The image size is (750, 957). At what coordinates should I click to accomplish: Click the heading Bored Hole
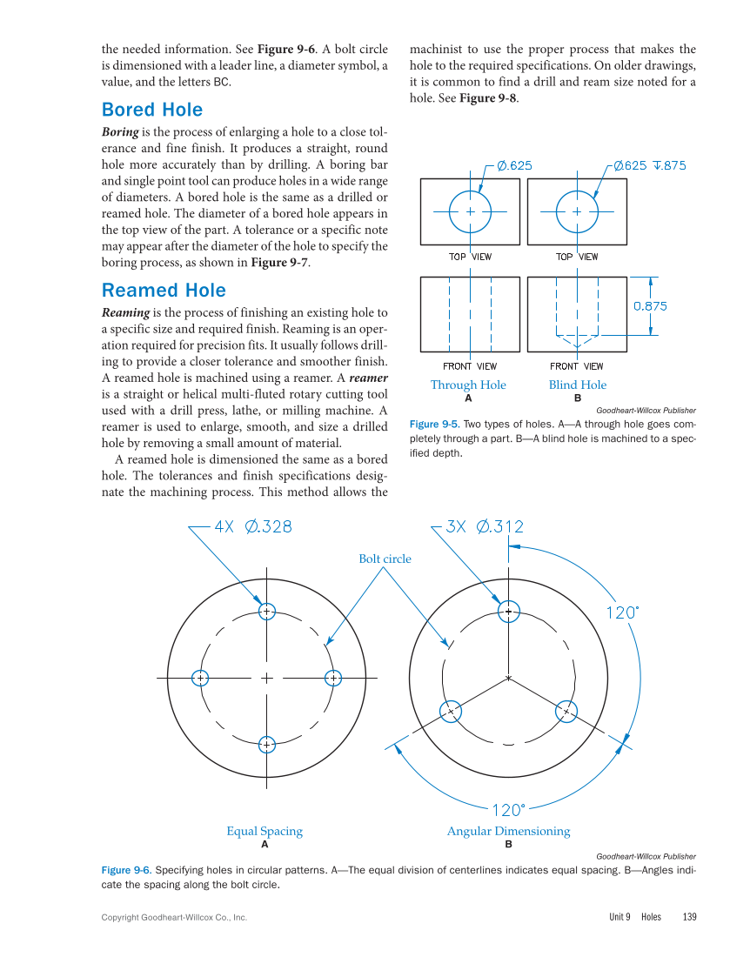152,110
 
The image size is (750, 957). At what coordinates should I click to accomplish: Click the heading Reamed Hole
164,291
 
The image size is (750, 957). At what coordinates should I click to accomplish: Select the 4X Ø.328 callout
252,526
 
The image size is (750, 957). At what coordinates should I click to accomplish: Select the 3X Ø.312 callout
485,526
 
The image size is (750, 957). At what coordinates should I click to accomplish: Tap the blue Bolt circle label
385,559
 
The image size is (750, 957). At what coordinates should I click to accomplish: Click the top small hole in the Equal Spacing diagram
267,611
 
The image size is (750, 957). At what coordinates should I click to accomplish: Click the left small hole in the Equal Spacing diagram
200,677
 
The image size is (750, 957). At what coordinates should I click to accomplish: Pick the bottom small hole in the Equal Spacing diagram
267,744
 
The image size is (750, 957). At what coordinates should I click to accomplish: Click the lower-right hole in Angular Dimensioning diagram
566,711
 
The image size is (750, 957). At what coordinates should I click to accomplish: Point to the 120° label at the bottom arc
509,811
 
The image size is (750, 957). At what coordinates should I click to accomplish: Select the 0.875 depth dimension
650,306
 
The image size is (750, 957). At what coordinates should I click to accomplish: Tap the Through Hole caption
468,385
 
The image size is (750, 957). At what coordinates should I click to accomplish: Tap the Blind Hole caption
578,385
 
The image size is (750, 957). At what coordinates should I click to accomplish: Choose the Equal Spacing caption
265,831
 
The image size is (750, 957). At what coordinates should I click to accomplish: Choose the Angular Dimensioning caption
508,831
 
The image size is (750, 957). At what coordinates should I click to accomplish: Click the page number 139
690,917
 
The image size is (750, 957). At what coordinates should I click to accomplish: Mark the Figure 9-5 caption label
433,424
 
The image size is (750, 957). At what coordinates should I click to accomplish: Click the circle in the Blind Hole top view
577,211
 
